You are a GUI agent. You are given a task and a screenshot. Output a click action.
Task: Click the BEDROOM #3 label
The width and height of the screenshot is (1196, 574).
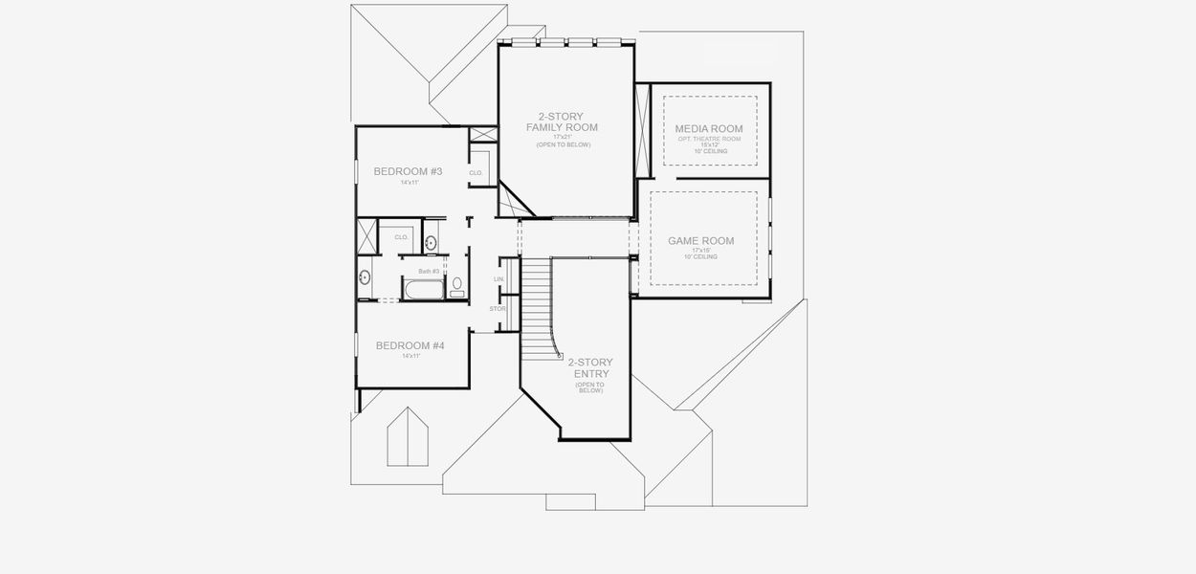pos(408,171)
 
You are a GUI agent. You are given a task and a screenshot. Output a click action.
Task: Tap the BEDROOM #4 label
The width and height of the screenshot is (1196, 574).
pos(410,345)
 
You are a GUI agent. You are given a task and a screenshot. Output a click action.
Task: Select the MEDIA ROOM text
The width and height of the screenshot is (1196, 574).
pos(708,129)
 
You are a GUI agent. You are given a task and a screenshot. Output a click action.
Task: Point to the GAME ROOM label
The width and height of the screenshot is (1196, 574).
pos(700,241)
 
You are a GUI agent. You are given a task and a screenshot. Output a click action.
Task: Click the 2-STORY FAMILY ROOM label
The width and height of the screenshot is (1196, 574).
pos(562,121)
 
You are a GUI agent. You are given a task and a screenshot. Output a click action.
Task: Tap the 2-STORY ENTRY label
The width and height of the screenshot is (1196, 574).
pos(590,368)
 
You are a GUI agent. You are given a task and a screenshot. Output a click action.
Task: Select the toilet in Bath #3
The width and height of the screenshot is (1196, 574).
pos(457,286)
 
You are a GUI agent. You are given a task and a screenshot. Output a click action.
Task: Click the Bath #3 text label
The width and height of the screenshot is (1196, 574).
pos(429,271)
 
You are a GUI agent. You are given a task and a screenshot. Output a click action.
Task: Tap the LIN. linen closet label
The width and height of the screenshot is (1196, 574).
pos(498,278)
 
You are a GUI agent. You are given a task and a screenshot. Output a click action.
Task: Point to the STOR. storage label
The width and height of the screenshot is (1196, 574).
pos(498,309)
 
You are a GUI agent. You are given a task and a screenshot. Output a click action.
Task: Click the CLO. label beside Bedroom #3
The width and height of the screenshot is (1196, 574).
pos(476,173)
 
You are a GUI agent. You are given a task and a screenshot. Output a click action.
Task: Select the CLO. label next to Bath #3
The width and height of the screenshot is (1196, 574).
pos(402,237)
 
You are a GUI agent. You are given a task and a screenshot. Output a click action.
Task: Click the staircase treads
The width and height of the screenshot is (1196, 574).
pos(537,297)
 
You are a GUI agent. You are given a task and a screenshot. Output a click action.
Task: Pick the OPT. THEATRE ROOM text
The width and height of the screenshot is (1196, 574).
pos(708,139)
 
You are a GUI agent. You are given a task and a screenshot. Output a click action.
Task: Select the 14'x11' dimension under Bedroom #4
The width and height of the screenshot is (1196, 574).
pos(410,356)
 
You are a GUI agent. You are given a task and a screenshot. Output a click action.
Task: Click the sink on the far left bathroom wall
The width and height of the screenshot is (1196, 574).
pos(365,278)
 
